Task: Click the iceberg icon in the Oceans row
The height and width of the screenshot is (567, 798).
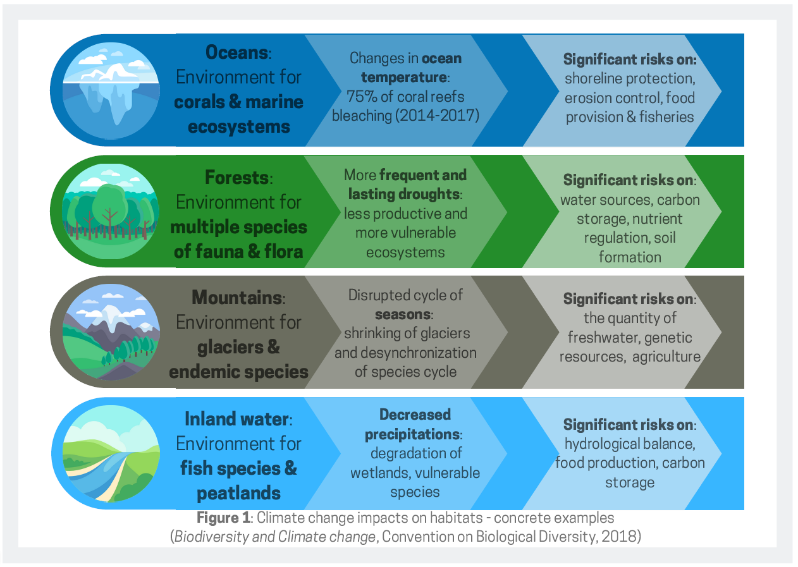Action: tap(111, 90)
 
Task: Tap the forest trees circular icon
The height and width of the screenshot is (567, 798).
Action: tap(111, 211)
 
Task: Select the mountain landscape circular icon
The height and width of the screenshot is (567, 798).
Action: tap(111, 332)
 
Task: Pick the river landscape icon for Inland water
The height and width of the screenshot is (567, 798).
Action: tap(111, 453)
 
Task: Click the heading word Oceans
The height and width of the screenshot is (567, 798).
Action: tap(236, 52)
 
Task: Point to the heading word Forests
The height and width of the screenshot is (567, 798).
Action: tap(236, 178)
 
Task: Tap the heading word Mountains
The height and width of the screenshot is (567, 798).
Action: tap(237, 297)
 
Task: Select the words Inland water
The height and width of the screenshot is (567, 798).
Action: tap(236, 419)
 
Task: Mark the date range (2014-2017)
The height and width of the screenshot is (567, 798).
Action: tap(437, 116)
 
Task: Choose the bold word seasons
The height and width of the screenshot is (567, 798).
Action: tap(403, 315)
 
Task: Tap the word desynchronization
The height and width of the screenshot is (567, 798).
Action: tap(418, 353)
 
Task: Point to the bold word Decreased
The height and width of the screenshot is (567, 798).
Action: tap(415, 415)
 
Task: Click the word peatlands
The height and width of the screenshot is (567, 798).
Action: tap(238, 494)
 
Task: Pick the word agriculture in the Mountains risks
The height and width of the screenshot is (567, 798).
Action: tap(666, 357)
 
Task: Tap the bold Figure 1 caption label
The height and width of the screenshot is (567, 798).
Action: tap(224, 518)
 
